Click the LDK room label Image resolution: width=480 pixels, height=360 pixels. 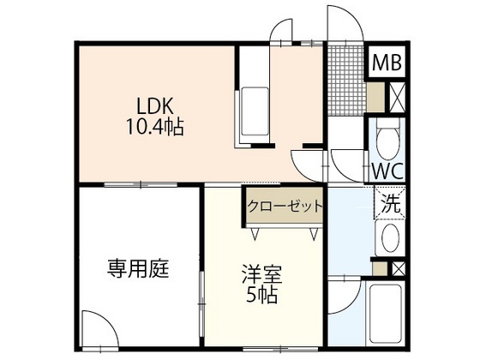[155, 108]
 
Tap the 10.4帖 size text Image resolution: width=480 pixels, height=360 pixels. [156, 129]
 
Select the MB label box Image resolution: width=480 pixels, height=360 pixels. [388, 62]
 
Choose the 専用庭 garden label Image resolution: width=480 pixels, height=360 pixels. [137, 269]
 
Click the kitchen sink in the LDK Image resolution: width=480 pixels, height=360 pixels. [255, 106]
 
